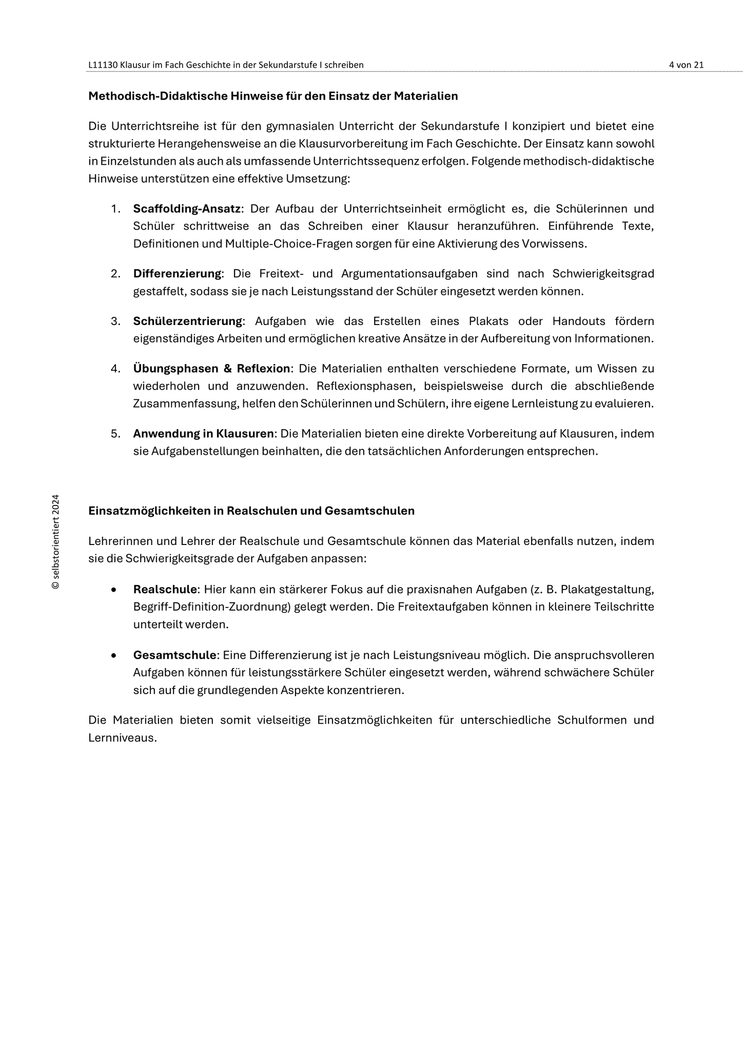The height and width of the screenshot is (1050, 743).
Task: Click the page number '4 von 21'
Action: pos(686,65)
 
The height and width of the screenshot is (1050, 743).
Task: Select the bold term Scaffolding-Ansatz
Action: pos(187,209)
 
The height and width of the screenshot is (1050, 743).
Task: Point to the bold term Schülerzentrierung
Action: pos(187,321)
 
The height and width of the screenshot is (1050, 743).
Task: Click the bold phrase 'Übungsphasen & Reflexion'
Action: pos(211,369)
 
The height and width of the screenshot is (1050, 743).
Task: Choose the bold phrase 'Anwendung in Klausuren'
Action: pos(203,434)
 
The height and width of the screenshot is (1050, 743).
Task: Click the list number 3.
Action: pos(115,321)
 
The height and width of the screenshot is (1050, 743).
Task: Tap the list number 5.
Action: pos(115,434)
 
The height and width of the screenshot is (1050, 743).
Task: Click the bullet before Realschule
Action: pos(113,590)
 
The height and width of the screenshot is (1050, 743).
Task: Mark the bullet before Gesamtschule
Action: pos(113,656)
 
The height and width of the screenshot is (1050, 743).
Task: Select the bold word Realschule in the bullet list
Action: pos(165,590)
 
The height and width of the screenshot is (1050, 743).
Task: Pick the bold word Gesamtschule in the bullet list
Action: pos(174,655)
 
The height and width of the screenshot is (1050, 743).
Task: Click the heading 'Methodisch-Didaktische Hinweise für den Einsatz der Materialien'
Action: pos(273,96)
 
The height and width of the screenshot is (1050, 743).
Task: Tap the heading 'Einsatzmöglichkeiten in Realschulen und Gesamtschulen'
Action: pos(251,511)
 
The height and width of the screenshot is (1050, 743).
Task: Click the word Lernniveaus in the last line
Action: pos(122,738)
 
